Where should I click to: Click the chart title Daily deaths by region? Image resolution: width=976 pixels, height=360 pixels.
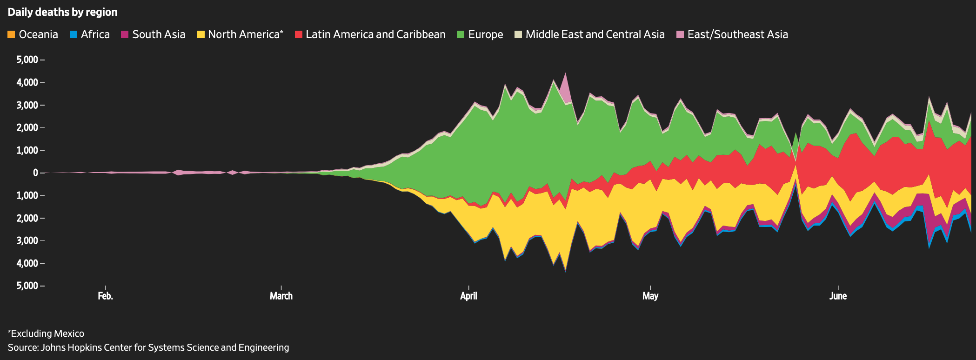tap(62, 12)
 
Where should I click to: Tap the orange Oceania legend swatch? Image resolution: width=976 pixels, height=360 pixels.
tap(12, 34)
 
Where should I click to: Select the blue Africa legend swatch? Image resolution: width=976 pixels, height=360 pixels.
tap(73, 34)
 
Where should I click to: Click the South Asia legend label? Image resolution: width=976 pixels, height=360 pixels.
tap(159, 34)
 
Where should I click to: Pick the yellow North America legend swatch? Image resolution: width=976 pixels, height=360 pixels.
tap(201, 34)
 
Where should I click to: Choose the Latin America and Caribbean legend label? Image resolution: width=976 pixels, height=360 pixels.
tap(375, 34)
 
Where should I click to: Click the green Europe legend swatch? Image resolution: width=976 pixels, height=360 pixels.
tap(461, 34)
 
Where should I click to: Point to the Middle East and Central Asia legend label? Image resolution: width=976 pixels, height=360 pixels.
tap(595, 34)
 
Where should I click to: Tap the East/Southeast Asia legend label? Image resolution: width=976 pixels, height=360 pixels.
tap(737, 34)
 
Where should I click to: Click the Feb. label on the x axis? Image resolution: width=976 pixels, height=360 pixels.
tap(106, 296)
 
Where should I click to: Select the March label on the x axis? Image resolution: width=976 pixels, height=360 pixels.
tap(281, 296)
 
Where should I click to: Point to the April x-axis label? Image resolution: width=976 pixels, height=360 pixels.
tap(468, 296)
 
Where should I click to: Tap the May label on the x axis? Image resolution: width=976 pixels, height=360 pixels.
tap(650, 296)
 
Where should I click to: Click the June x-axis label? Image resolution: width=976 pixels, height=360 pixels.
tap(838, 296)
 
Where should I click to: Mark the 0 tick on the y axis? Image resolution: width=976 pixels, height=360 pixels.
tap(35, 173)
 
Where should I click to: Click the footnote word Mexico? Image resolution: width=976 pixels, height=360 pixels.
tap(69, 333)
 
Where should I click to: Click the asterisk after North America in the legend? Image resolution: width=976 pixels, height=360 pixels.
tap(281, 32)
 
